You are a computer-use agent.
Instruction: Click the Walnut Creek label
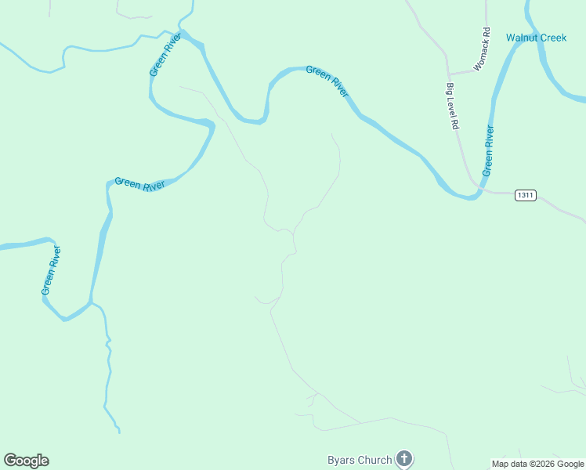[x=536, y=38]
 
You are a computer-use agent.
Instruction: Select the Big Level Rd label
[x=453, y=106]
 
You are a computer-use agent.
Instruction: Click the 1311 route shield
[x=525, y=195]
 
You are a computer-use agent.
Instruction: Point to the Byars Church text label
[x=359, y=460]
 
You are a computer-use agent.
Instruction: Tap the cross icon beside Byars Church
[x=403, y=459]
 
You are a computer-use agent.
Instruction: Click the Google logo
[x=26, y=461]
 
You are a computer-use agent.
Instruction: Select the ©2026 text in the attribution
[x=541, y=464]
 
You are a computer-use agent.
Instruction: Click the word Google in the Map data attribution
[x=571, y=464]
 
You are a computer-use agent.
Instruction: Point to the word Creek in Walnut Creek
[x=552, y=38]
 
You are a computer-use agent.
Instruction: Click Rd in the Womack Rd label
[x=487, y=34]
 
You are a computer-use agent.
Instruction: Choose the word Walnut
[x=521, y=38]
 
